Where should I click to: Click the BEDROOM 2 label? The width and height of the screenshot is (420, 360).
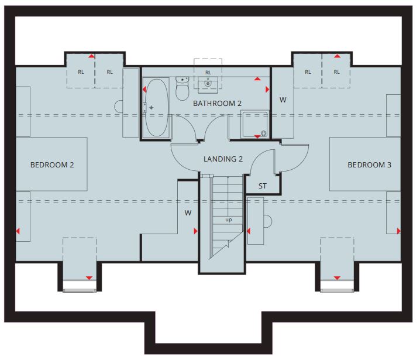tap(52, 165)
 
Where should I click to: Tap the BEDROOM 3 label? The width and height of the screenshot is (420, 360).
tap(369, 165)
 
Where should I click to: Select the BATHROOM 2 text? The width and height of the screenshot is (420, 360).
tap(217, 103)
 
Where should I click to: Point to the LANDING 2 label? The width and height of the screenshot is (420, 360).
tap(223, 159)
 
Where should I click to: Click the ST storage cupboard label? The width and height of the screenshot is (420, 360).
tap(263, 186)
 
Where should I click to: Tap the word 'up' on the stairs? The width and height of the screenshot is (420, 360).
tap(229, 220)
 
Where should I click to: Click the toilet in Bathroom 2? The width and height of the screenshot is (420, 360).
tap(183, 88)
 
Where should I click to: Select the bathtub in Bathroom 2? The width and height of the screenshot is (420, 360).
tap(157, 108)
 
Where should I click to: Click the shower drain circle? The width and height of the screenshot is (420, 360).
tap(264, 133)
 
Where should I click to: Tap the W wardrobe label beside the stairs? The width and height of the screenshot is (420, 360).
tap(188, 213)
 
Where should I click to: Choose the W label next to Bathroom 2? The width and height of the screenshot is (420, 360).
tap(283, 100)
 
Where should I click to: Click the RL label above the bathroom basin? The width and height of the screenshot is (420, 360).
tap(208, 73)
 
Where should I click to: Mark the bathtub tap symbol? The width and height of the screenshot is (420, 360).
tap(152, 108)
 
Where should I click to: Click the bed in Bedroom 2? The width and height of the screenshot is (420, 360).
tap(51, 164)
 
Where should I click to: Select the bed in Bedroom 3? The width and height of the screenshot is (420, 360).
tap(365, 164)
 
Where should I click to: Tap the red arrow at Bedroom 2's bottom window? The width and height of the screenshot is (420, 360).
tap(89, 278)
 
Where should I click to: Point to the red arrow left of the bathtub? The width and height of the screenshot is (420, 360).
tap(144, 89)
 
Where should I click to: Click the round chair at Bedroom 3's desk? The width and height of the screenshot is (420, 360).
tap(268, 221)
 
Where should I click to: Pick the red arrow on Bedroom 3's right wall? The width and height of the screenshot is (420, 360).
tap(399, 231)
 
